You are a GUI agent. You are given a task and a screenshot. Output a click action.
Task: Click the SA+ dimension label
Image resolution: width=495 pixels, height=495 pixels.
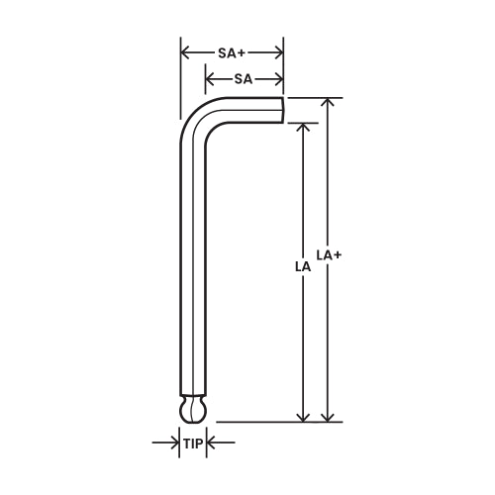point(232,52)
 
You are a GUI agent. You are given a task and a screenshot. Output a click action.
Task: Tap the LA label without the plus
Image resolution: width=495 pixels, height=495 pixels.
point(302,266)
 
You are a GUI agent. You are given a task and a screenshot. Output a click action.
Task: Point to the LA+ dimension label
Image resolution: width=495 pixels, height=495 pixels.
point(329,254)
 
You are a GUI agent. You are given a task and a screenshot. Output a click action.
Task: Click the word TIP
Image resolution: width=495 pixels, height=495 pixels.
point(193,444)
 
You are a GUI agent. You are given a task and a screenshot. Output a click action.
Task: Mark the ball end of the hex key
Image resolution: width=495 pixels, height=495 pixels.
point(193,411)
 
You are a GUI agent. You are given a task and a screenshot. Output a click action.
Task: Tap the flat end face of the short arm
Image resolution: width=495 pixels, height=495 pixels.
point(283,109)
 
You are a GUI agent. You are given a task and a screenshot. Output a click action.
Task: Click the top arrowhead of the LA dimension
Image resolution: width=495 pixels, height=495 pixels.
point(303,129)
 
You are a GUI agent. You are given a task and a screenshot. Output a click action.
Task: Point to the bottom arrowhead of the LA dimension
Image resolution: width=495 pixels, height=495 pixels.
point(303,416)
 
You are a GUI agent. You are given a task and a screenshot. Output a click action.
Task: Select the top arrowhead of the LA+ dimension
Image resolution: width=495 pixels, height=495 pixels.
point(330,103)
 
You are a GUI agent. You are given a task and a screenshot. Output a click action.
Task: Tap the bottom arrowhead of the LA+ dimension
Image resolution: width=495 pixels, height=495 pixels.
point(330,416)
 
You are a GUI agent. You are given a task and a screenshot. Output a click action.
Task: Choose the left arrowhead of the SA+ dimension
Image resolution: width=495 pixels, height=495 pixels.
point(185,52)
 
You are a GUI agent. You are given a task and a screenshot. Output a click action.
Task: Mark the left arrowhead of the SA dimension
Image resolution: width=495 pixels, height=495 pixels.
point(210,78)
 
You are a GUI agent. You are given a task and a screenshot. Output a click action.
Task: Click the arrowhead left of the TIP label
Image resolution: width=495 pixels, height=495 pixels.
point(174,444)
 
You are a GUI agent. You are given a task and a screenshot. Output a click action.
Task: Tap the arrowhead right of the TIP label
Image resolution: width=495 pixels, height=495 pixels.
point(212,444)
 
